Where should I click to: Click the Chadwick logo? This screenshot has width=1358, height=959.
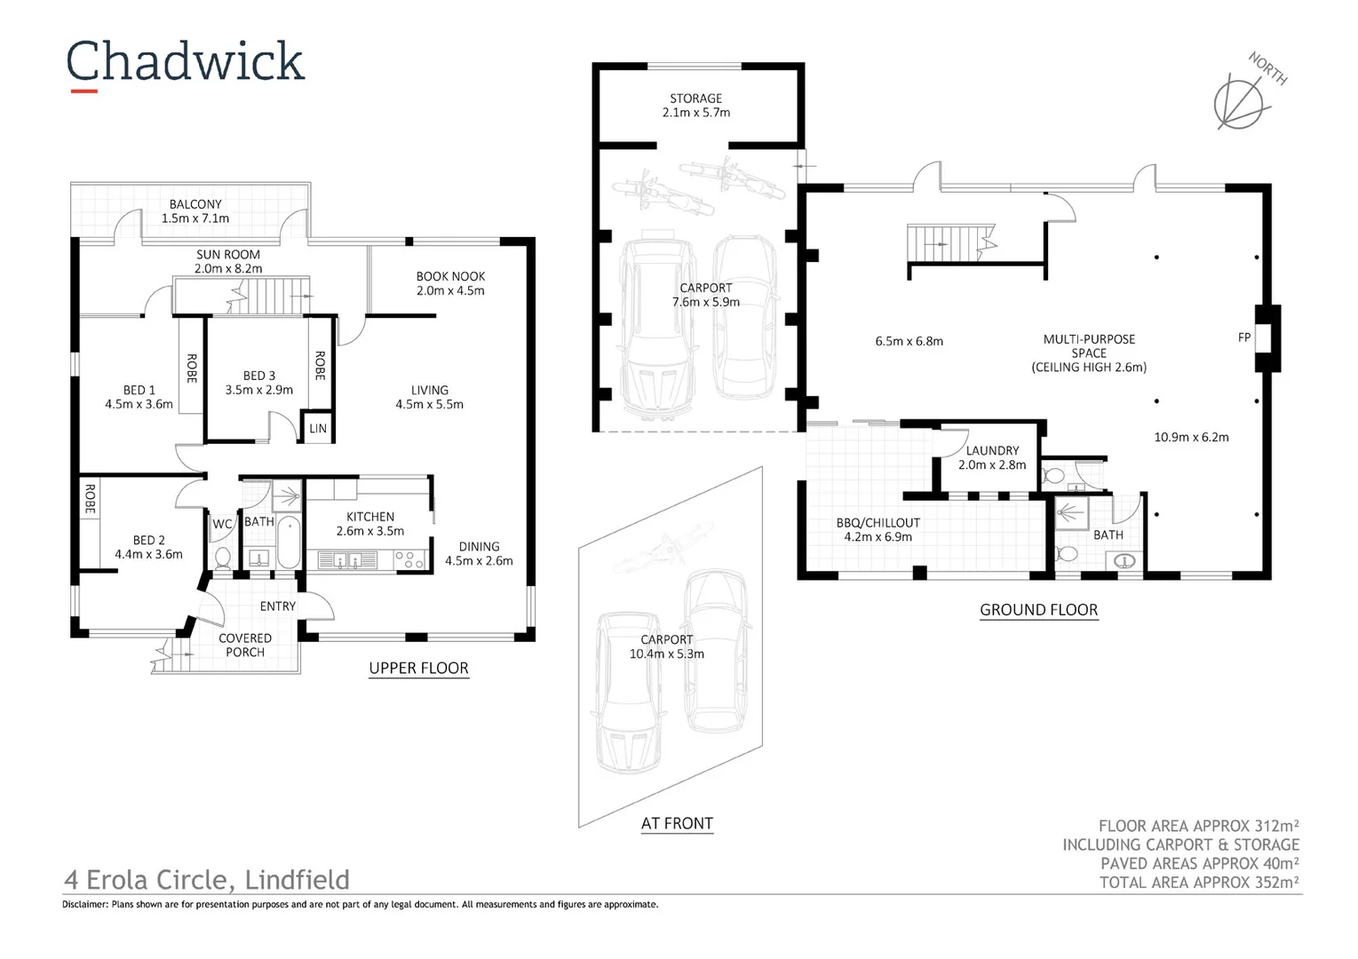pyautogui.click(x=185, y=63)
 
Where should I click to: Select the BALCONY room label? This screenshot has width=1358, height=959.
pyautogui.click(x=195, y=204)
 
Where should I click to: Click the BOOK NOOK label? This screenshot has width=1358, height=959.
pyautogui.click(x=450, y=276)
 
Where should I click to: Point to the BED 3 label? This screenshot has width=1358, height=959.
pyautogui.click(x=258, y=376)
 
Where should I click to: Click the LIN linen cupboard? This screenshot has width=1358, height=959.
pyautogui.click(x=318, y=428)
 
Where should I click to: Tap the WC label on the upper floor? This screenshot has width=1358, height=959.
pyautogui.click(x=221, y=524)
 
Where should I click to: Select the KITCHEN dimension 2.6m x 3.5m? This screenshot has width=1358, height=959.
pyautogui.click(x=369, y=531)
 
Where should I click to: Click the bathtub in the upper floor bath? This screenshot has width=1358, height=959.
pyautogui.click(x=289, y=542)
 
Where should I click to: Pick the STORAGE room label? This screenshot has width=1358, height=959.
pyautogui.click(x=695, y=99)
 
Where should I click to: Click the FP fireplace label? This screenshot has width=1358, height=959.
pyautogui.click(x=1243, y=337)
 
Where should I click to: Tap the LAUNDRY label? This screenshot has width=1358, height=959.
pyautogui.click(x=992, y=451)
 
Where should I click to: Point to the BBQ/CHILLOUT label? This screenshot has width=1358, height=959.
pyautogui.click(x=878, y=523)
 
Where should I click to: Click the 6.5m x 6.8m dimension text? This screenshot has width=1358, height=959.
pyautogui.click(x=909, y=341)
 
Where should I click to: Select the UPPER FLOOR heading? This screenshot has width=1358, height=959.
pyautogui.click(x=418, y=668)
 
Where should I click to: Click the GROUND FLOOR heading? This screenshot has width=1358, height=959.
pyautogui.click(x=1038, y=610)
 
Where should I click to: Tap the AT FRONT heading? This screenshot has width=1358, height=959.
pyautogui.click(x=677, y=823)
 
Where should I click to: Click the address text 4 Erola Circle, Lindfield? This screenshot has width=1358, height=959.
pyautogui.click(x=207, y=879)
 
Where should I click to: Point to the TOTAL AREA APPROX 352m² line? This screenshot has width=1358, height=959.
pyautogui.click(x=1198, y=882)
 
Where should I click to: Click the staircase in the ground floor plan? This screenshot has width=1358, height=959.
pyautogui.click(x=950, y=243)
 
